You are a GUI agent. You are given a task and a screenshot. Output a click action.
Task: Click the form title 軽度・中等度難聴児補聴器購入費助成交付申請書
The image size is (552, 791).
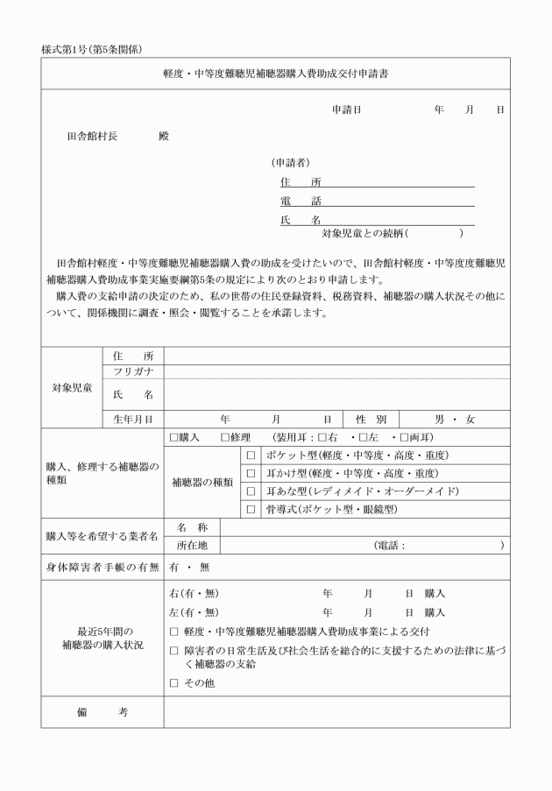coord(276,74)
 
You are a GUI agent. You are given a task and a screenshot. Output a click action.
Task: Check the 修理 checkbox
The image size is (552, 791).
coord(225,437)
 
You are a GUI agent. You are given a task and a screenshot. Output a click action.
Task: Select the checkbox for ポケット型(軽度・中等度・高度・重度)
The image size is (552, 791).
coord(251,456)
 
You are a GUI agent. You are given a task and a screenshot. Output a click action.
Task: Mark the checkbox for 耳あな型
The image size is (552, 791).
coord(251,491)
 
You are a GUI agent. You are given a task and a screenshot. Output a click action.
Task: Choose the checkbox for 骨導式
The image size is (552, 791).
coord(251,509)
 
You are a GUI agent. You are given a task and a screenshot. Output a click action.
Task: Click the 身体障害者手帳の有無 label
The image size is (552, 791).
coord(102,567)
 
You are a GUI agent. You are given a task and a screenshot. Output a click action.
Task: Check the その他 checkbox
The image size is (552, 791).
coord(173,682)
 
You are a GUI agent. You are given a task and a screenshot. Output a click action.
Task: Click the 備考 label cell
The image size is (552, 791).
coord(102,712)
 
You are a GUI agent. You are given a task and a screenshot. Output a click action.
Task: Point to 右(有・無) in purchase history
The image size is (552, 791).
coord(195,593)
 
